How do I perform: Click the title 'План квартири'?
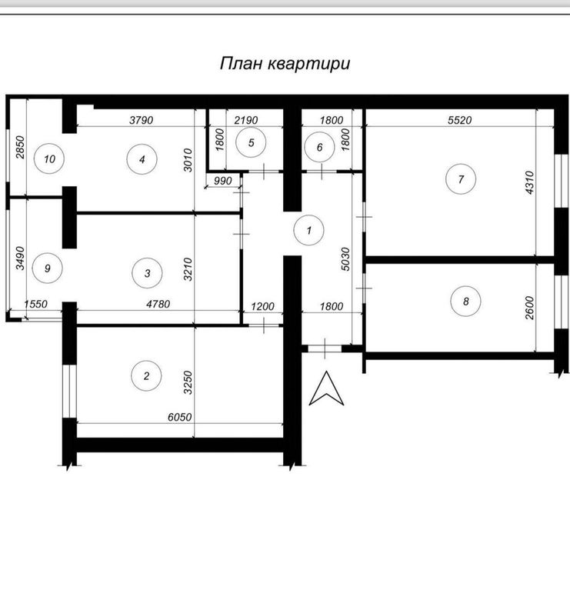pyautogui.click(x=285, y=64)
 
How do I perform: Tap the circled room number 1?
pyautogui.click(x=309, y=230)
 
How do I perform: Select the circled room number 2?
pyautogui.click(x=146, y=375)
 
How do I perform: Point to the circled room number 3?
pyautogui.click(x=147, y=273)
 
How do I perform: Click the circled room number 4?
pyautogui.click(x=142, y=159)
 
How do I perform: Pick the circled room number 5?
pyautogui.click(x=251, y=142)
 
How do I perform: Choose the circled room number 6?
pyautogui.click(x=319, y=147)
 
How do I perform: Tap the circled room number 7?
pyautogui.click(x=461, y=179)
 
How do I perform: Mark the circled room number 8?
pyautogui.click(x=466, y=301)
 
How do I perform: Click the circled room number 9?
pyautogui.click(x=48, y=268)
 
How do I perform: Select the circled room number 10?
pyautogui.click(x=49, y=158)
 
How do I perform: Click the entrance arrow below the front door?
pyautogui.click(x=326, y=388)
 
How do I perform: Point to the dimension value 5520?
pyautogui.click(x=460, y=120)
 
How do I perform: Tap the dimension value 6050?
pyautogui.click(x=179, y=417)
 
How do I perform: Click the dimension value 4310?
pyautogui.click(x=529, y=183)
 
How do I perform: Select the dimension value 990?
pyautogui.click(x=223, y=181)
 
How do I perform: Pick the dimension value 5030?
pyautogui.click(x=345, y=259)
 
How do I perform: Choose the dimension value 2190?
pyautogui.click(x=246, y=120)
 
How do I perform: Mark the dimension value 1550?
pyautogui.click(x=35, y=304)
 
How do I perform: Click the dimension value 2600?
pyautogui.click(x=529, y=308)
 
